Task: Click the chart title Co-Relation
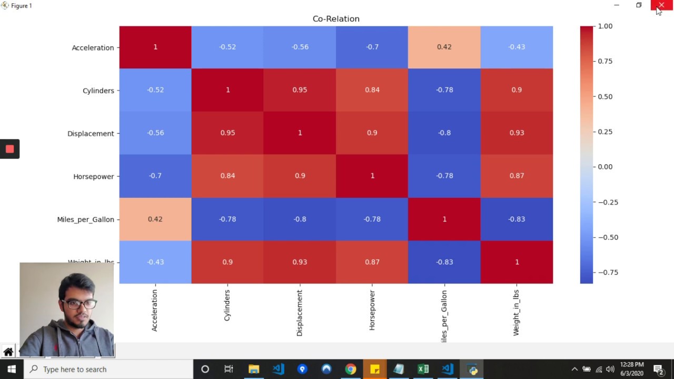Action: [x=336, y=19]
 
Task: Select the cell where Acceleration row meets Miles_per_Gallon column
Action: [x=444, y=47]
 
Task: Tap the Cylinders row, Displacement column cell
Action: [x=300, y=90]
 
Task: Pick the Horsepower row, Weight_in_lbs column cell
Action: [x=517, y=176]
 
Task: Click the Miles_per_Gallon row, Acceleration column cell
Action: [x=155, y=219]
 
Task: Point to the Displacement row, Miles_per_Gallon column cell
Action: [x=444, y=133]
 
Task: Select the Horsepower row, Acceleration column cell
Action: [x=155, y=176]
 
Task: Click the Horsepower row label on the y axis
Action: [x=93, y=176]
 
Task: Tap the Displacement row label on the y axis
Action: [x=91, y=133]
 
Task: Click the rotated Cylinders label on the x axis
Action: [x=227, y=305]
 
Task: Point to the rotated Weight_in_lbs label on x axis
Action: [x=516, y=313]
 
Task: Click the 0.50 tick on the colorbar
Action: [x=605, y=96]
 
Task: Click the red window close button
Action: [x=661, y=5]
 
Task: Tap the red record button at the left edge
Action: [x=9, y=149]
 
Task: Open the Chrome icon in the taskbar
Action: [x=350, y=369]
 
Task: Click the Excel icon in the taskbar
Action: [x=423, y=369]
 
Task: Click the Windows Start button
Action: [x=11, y=369]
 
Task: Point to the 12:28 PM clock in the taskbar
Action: [x=631, y=364]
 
